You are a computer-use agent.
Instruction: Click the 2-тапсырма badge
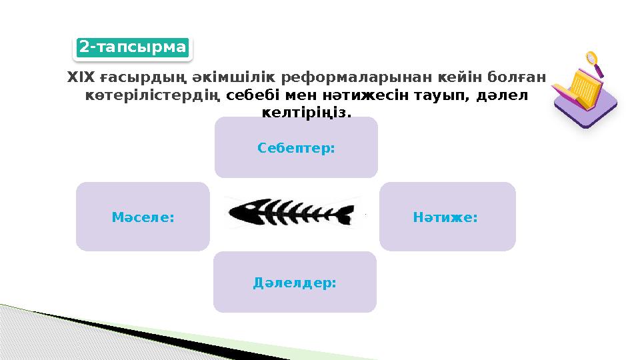[133, 47]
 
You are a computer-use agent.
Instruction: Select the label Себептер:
[296, 147]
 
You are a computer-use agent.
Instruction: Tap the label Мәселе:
[143, 217]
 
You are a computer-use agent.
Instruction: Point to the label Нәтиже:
[447, 217]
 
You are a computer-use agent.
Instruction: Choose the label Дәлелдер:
[295, 283]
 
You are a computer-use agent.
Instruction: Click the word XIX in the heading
[77, 78]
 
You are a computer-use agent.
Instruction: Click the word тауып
[441, 95]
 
